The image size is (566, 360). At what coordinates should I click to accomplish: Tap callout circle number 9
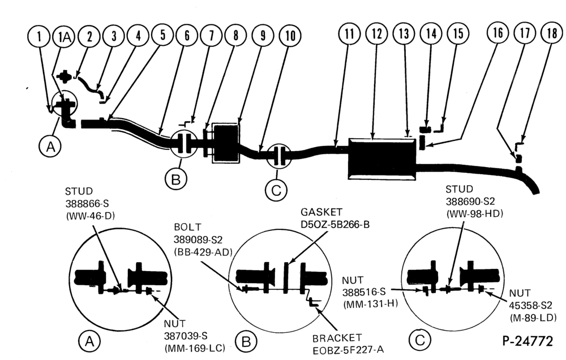[263, 35]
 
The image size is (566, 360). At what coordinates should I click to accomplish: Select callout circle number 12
[376, 33]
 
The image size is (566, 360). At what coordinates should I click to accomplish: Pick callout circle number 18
[551, 33]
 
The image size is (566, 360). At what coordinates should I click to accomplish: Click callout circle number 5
[162, 35]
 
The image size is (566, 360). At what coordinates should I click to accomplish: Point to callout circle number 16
[497, 33]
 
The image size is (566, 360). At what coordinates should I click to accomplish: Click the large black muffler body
[381, 158]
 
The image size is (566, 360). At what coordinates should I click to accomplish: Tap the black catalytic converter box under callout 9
[226, 143]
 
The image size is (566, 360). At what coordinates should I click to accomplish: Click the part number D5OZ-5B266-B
[335, 225]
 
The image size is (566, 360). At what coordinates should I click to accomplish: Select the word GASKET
[321, 212]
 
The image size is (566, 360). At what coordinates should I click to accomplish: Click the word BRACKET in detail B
[337, 338]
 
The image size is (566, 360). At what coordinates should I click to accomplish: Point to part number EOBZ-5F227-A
[348, 350]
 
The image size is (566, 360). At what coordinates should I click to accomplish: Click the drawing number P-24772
[528, 341]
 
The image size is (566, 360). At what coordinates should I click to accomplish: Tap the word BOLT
[187, 227]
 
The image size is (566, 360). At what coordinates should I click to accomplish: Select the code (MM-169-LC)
[195, 348]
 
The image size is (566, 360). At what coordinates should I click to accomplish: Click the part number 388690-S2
[470, 201]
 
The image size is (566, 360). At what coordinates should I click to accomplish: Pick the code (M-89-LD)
[533, 318]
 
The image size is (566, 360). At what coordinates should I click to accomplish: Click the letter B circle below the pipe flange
[176, 179]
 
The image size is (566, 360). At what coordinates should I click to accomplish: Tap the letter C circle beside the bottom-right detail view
[419, 340]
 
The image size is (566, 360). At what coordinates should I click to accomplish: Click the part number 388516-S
[364, 292]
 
